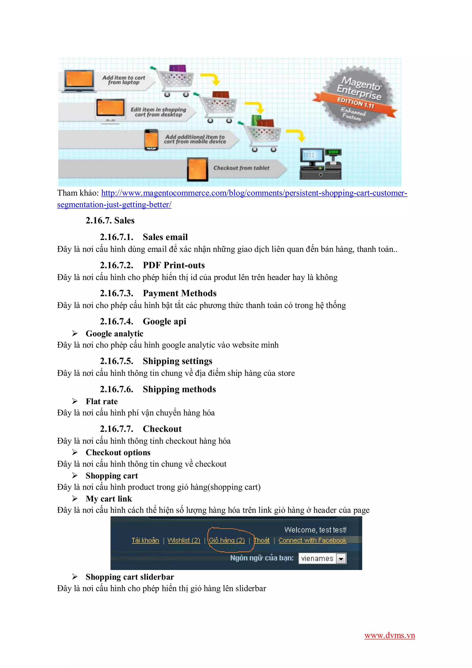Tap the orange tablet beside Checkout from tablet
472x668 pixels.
click(198, 169)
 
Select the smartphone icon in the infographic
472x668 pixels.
click(151, 140)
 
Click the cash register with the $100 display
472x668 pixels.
click(321, 163)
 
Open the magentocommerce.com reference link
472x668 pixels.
click(254, 193)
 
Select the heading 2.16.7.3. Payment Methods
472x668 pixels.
click(158, 293)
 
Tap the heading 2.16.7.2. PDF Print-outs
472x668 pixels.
click(152, 265)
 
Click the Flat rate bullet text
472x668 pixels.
click(101, 401)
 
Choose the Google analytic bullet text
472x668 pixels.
click(114, 334)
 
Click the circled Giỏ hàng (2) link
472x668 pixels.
click(227, 540)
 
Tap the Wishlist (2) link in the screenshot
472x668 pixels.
click(183, 540)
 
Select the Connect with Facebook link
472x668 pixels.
click(312, 540)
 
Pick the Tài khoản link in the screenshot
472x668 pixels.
click(145, 540)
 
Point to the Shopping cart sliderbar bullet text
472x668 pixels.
click(130, 577)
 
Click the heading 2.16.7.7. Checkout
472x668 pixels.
click(141, 429)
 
